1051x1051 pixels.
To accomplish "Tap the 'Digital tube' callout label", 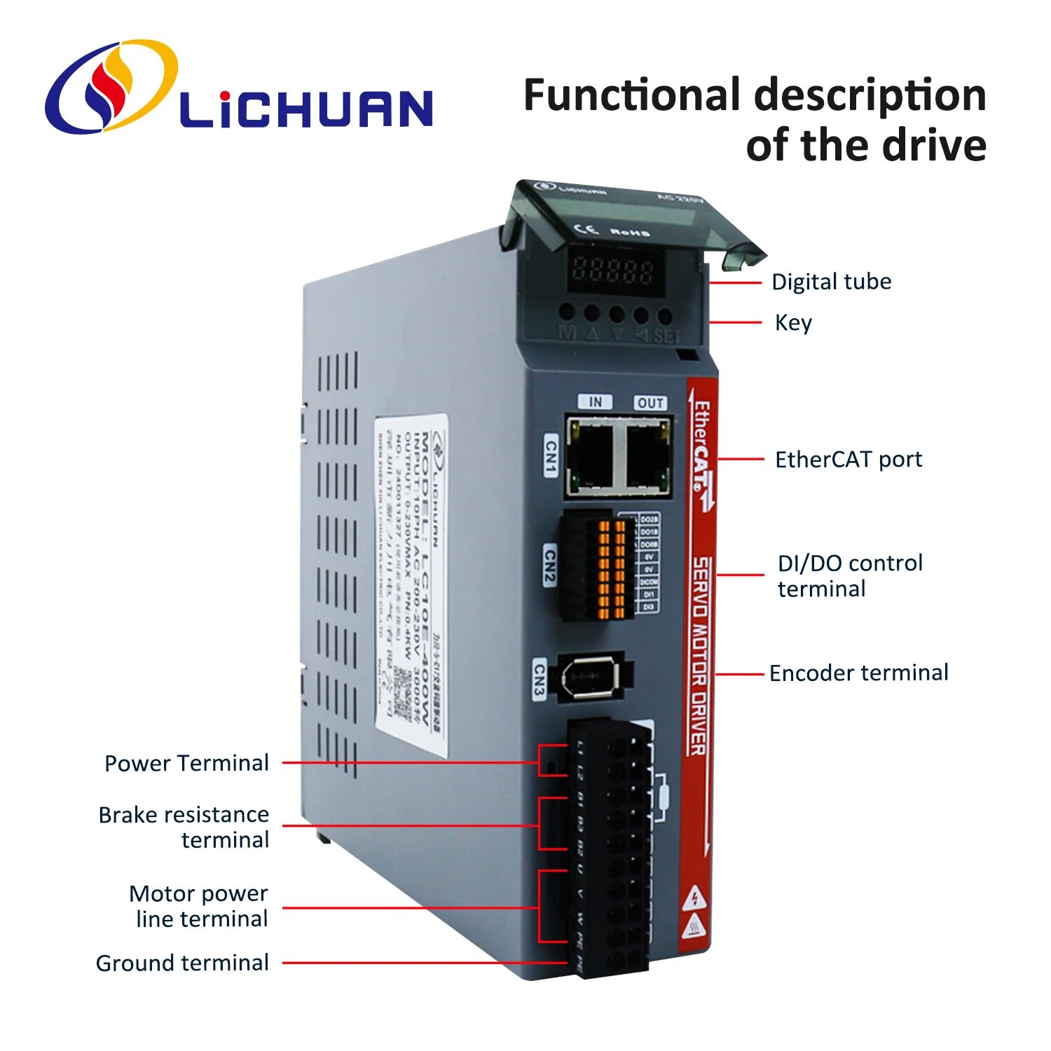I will pyautogui.click(x=831, y=282).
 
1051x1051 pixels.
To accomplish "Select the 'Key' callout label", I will pyautogui.click(x=793, y=322).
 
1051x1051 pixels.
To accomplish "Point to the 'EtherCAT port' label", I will pyautogui.click(x=848, y=460).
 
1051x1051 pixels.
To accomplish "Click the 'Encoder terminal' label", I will pyautogui.click(x=858, y=673).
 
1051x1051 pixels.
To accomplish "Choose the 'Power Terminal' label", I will pyautogui.click(x=186, y=763).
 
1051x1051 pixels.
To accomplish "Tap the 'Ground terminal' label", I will pyautogui.click(x=182, y=963).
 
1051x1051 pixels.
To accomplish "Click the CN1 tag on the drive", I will pyautogui.click(x=551, y=455).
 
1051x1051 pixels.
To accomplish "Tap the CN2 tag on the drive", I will pyautogui.click(x=550, y=565).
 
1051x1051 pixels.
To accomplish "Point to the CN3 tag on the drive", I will pyautogui.click(x=539, y=678).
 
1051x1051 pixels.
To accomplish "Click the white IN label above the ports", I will pyautogui.click(x=595, y=401).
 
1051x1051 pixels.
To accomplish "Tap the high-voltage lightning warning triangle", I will pyautogui.click(x=694, y=898).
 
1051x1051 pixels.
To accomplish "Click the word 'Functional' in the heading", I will pyautogui.click(x=632, y=95).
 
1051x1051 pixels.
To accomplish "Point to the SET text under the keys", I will pyautogui.click(x=667, y=336).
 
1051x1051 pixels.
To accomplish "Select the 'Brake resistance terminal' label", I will pyautogui.click(x=184, y=827).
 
